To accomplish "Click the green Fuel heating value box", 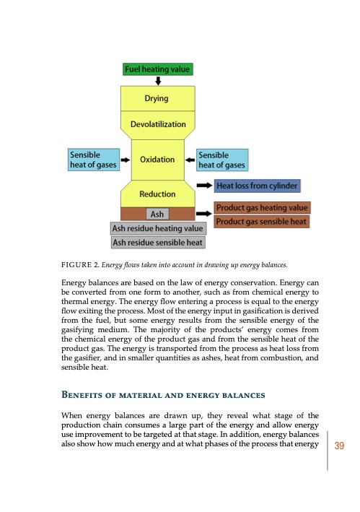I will [x=157, y=70].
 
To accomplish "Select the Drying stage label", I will [x=157, y=98].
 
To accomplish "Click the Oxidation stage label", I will [x=157, y=160].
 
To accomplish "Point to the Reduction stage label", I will [x=157, y=194].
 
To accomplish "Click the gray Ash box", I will [x=157, y=214].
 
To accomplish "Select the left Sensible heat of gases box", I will [x=92, y=160].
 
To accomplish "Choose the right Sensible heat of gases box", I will [x=222, y=160].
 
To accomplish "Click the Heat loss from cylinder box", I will [x=258, y=186].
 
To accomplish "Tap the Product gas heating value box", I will [x=263, y=208].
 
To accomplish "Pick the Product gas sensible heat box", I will [x=263, y=221].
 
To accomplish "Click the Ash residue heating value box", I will [x=157, y=229].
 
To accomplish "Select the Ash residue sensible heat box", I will [x=157, y=242].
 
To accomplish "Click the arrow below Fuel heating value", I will [x=158, y=81].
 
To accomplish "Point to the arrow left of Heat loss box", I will [x=204, y=186].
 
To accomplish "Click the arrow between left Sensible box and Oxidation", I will [x=125, y=160].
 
